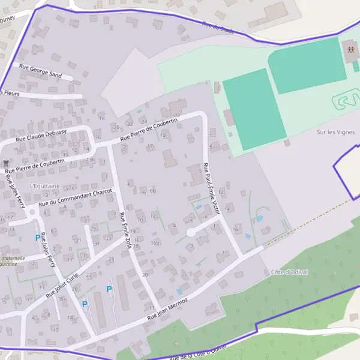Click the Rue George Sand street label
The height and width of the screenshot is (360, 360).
coord(41,71)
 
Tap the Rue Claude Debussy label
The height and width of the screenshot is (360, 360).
coord(41,134)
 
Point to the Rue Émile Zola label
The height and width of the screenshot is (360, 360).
coord(125,230)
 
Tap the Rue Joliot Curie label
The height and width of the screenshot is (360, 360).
coord(62,286)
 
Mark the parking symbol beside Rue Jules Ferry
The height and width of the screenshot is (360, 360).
coord(38,238)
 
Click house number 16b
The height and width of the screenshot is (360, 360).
coord(155,242)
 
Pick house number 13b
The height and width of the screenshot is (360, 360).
coord(90,160)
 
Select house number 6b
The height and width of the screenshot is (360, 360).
coord(153,191)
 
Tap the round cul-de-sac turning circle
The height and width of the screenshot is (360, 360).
coord(191,232)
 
